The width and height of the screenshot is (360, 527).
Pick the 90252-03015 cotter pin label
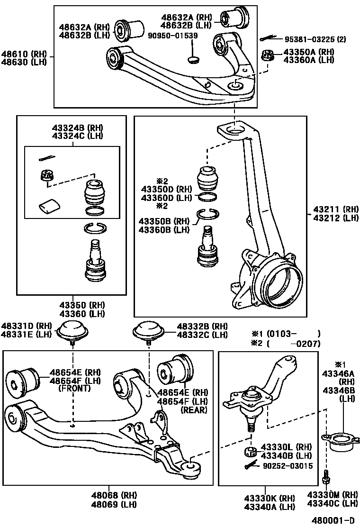point(288,466)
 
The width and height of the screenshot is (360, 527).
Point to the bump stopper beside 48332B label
point(147,331)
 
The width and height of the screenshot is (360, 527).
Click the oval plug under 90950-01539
point(194,59)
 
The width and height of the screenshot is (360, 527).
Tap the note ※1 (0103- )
point(286,333)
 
